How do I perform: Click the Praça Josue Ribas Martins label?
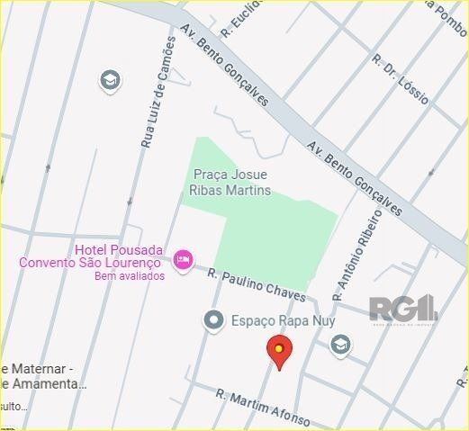(x=231, y=183)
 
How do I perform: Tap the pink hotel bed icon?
(x=183, y=260)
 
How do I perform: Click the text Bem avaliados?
(x=130, y=276)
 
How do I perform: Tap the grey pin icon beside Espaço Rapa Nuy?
(x=213, y=319)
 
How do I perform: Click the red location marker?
(x=280, y=352)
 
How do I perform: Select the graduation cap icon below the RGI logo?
(x=340, y=345)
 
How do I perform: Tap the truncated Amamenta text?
(x=50, y=384)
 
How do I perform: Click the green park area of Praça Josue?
(x=270, y=234)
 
